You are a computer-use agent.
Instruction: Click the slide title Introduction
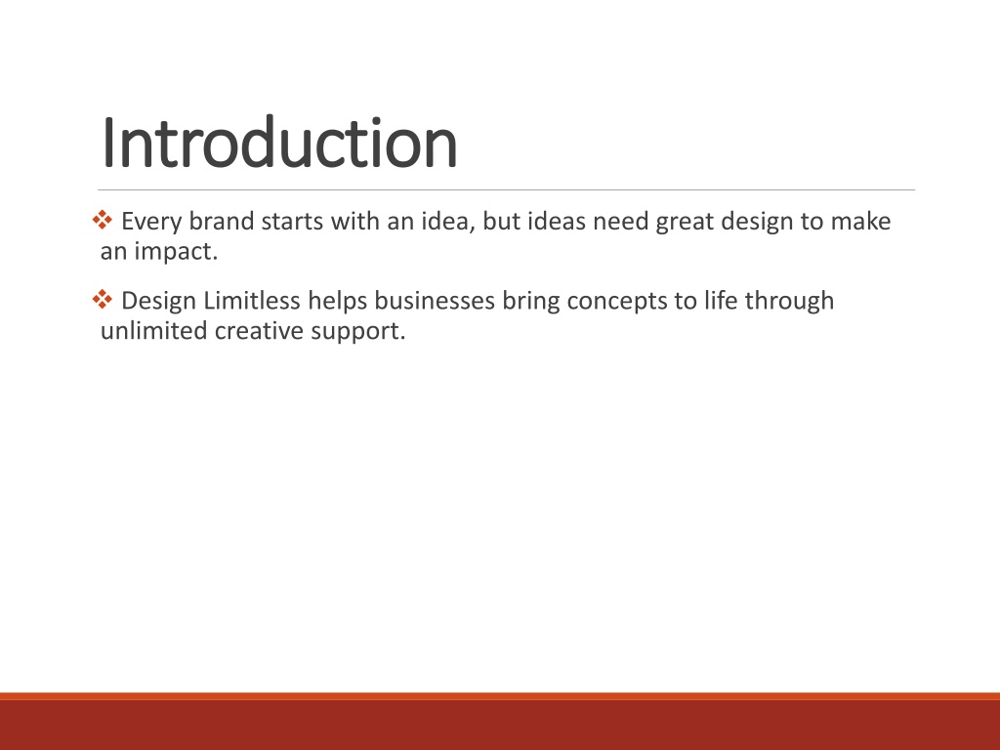click(x=279, y=143)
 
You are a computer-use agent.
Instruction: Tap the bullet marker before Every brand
click(x=102, y=221)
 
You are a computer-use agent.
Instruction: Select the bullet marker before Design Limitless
click(x=102, y=300)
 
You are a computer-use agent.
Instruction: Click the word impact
click(x=176, y=252)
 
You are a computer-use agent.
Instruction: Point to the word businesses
click(x=435, y=301)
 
